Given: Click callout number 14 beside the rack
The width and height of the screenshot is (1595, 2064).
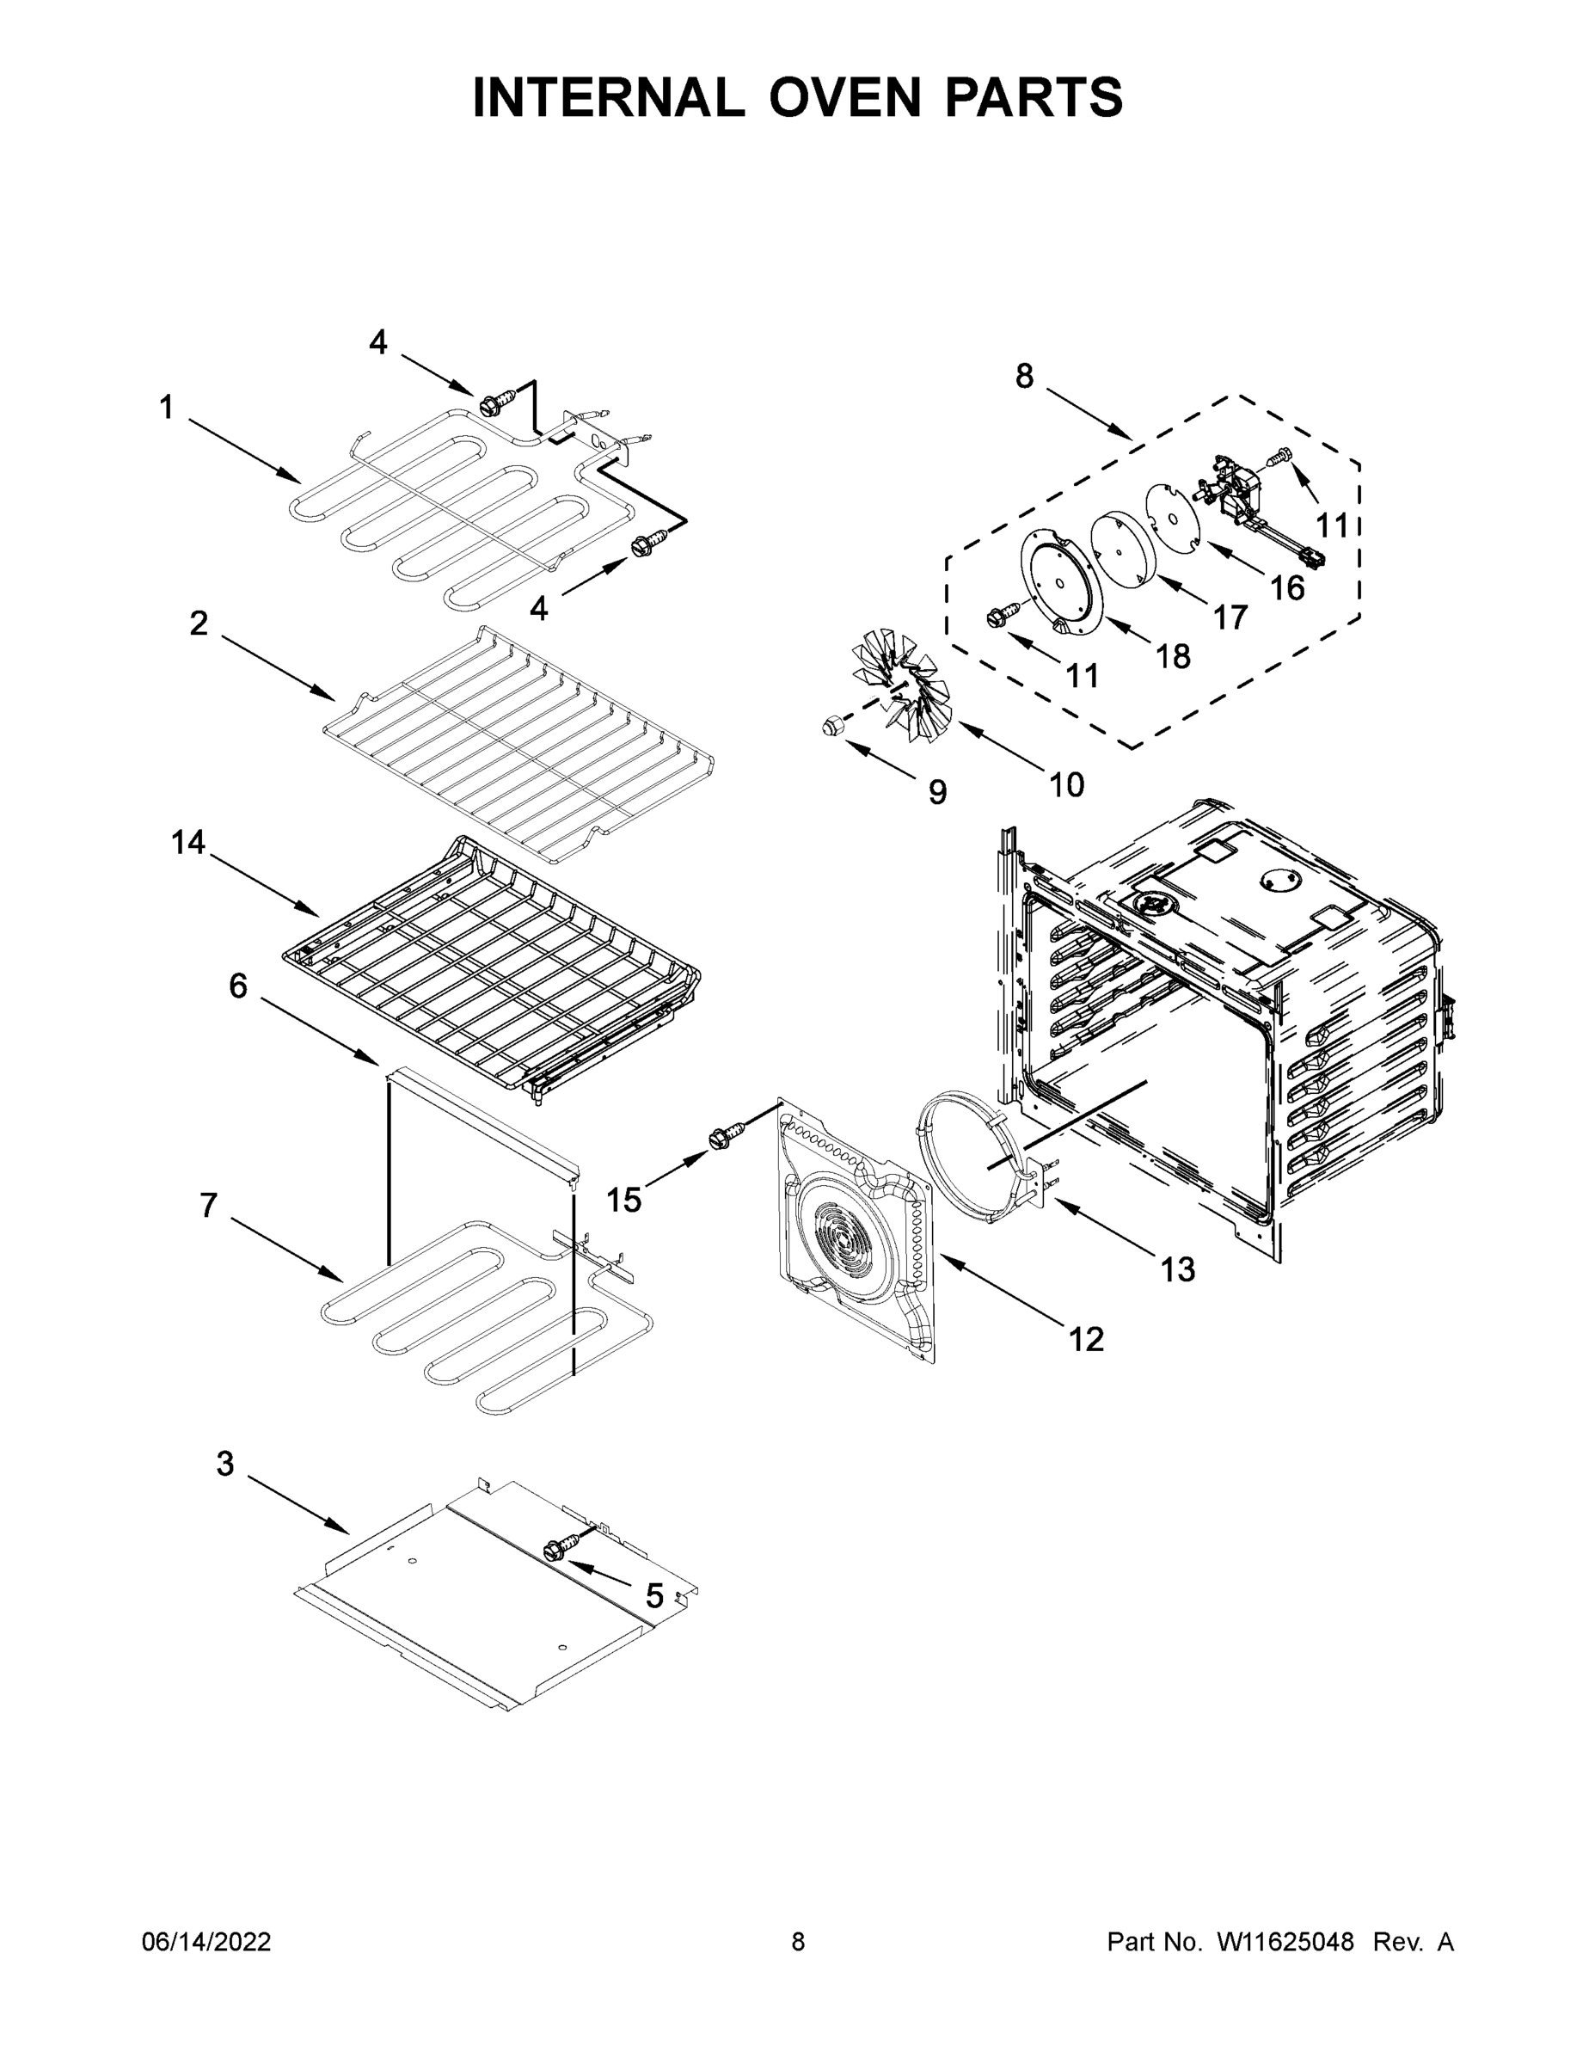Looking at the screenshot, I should (188, 842).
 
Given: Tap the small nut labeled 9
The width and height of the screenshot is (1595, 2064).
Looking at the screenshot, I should (831, 726).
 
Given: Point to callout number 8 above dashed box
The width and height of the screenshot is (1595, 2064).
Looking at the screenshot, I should (1024, 376).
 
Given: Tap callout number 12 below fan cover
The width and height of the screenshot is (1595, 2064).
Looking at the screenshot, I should (1086, 1338).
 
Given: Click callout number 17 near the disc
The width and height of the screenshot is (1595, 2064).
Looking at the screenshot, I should (1230, 617).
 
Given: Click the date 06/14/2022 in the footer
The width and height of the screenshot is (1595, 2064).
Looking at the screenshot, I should (206, 1942).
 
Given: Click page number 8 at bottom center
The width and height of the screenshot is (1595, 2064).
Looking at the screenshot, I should (798, 1942).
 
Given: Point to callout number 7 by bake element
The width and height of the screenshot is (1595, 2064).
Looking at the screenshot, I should (209, 1205).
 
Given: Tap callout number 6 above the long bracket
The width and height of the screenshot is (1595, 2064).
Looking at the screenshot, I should (238, 986).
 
